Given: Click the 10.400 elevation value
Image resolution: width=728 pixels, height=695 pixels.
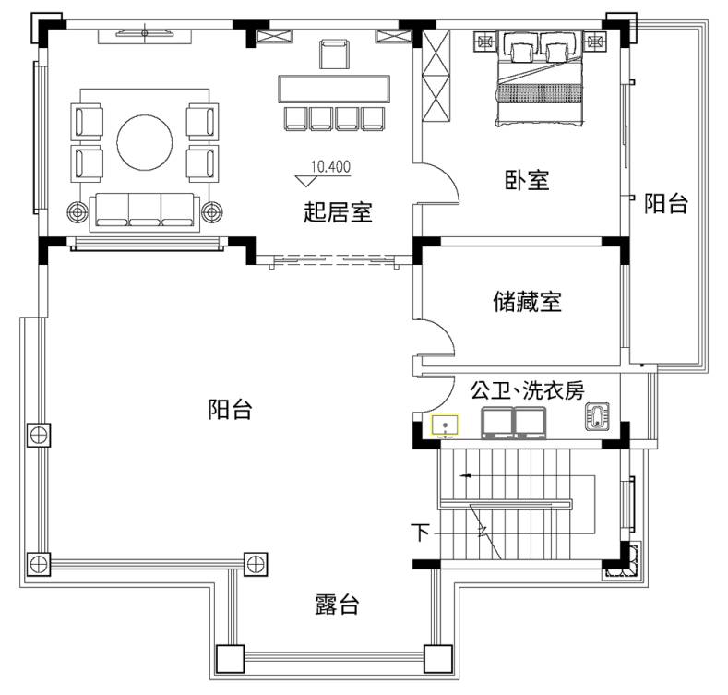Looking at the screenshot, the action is (x=330, y=166).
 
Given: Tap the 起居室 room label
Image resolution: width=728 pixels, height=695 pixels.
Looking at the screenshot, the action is (x=338, y=212).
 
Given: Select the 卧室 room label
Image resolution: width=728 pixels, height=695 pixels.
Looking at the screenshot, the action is (x=527, y=180).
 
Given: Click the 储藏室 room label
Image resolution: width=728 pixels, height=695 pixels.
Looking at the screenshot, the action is (x=527, y=302).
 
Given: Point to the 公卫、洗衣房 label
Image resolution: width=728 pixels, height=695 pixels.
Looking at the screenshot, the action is (x=527, y=390).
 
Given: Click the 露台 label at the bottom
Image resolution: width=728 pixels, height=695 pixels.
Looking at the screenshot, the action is (x=337, y=605).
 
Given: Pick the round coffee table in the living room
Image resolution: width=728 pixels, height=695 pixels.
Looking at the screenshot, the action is (x=144, y=142).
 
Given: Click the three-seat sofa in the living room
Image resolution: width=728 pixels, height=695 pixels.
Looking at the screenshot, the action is (x=144, y=212).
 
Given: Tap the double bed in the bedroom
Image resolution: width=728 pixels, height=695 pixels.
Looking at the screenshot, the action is (x=540, y=78).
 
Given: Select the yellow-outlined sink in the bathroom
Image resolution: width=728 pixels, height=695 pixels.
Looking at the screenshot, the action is (x=445, y=426).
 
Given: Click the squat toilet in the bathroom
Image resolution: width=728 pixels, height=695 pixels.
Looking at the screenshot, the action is (x=597, y=415).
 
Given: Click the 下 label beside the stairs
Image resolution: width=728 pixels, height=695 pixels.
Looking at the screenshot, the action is (x=420, y=533).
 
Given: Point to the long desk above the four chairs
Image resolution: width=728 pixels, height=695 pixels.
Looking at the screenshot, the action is (x=334, y=89).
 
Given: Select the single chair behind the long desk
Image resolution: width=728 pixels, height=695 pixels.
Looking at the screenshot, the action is (x=334, y=54).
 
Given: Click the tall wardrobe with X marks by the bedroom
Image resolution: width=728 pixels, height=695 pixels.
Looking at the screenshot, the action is (x=436, y=76).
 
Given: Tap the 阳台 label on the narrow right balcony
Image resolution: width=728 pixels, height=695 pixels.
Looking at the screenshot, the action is (x=666, y=203).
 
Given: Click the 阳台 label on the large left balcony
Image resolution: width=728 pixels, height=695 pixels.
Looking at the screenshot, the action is (x=230, y=409).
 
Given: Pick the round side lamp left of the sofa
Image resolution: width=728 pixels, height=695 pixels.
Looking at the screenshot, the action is (x=78, y=212).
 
